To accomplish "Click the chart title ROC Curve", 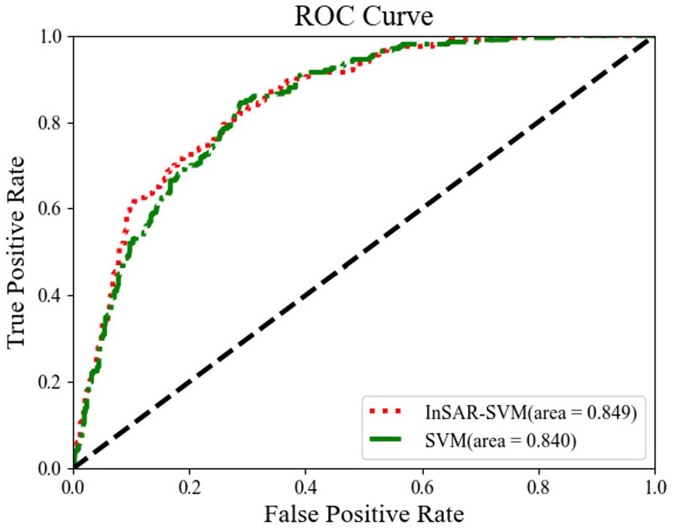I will [364, 17].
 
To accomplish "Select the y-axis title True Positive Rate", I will [16, 252].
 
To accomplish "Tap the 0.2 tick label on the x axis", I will [189, 487].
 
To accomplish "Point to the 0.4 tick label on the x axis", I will [306, 487].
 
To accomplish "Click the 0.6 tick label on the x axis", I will [422, 487].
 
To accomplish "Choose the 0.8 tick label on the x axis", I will [539, 487].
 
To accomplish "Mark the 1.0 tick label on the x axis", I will [655, 487].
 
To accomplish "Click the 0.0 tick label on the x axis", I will [73, 487].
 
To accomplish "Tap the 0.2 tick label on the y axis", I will [50, 382].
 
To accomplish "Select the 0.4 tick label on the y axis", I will [50, 295].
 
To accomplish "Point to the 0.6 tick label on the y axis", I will [50, 209].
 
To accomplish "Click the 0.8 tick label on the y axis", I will [50, 123].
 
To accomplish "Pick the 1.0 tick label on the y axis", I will [50, 37].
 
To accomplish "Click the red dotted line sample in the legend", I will [385, 412].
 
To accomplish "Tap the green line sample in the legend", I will [385, 440].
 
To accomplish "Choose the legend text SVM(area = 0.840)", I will [500, 441].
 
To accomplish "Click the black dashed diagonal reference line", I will [364, 253].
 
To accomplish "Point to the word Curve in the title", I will [397, 17].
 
